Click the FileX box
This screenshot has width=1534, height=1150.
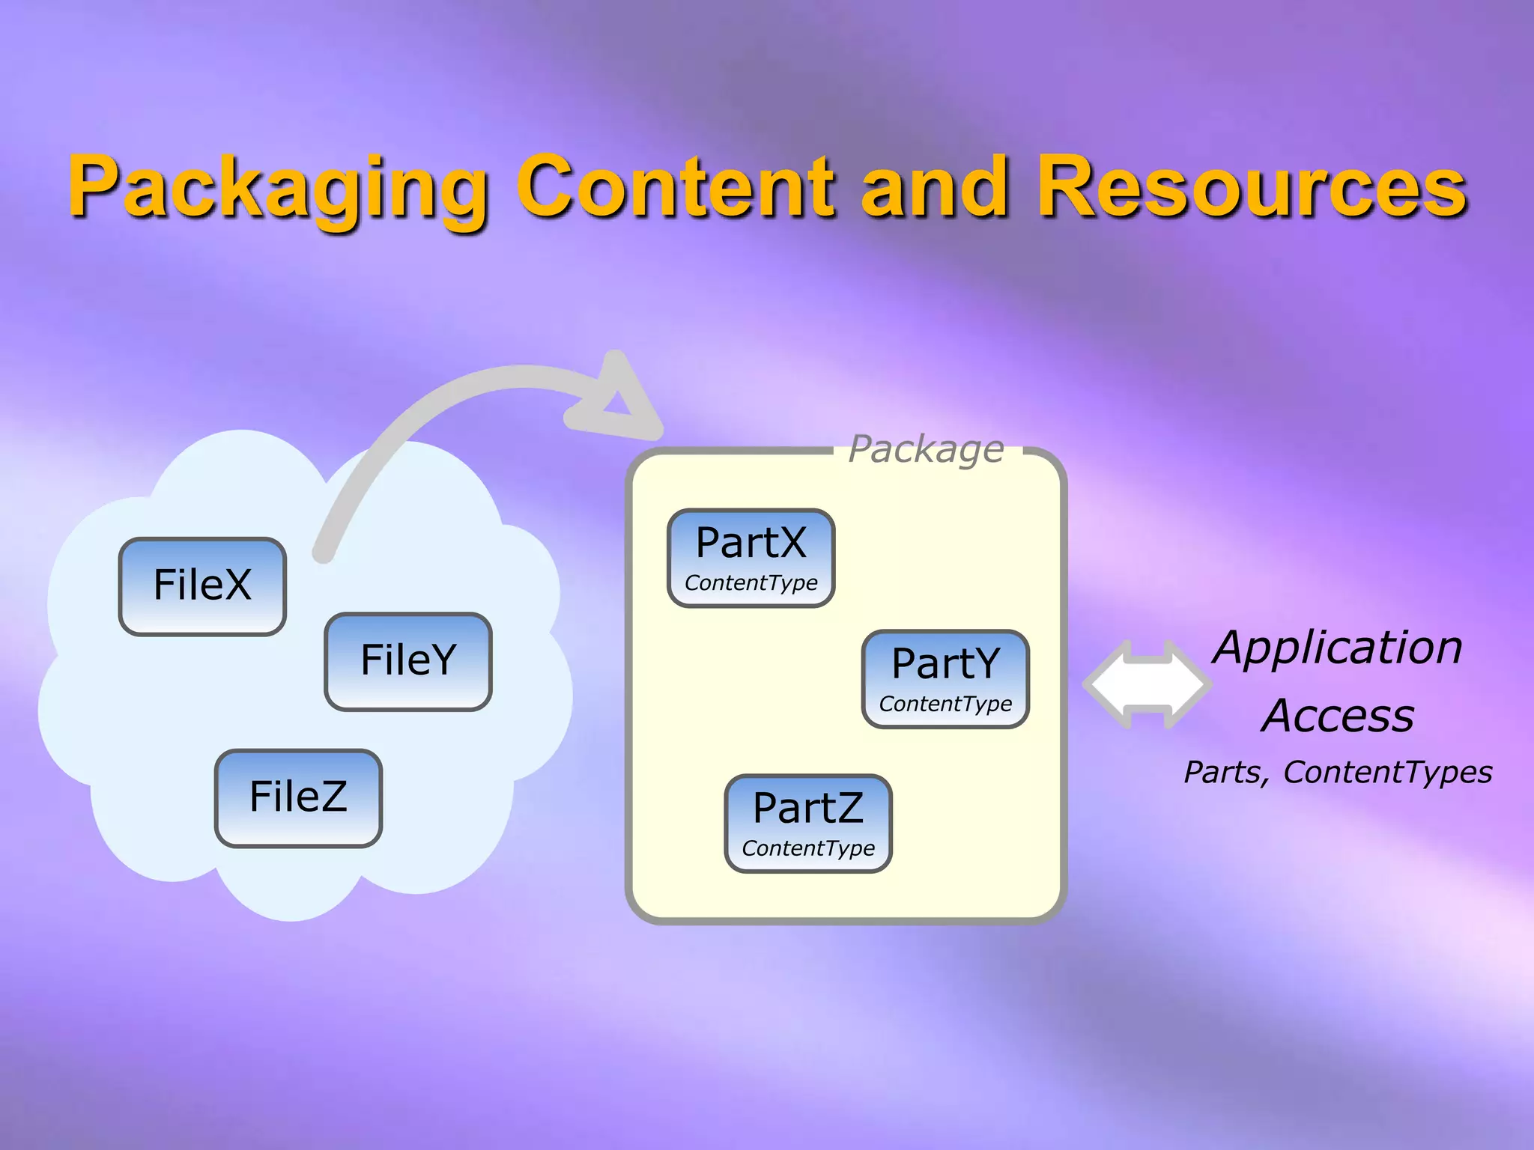tap(202, 586)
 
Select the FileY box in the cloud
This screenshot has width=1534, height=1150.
tap(408, 661)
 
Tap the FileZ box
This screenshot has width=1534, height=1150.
tap(298, 797)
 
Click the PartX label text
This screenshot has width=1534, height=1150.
tap(751, 542)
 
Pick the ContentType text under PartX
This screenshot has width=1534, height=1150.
tap(751, 583)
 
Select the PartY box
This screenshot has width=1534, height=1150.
tap(945, 678)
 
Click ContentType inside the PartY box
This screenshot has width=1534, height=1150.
tap(945, 705)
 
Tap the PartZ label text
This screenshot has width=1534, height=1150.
tap(808, 808)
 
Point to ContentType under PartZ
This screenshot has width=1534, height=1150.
tap(808, 849)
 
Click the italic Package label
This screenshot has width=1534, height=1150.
tap(926, 449)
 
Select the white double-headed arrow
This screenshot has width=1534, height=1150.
tap(1146, 684)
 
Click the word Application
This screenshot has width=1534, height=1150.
tap(1338, 648)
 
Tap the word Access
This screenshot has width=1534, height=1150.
tap(1338, 716)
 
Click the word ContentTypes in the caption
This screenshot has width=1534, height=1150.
tap(1387, 773)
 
